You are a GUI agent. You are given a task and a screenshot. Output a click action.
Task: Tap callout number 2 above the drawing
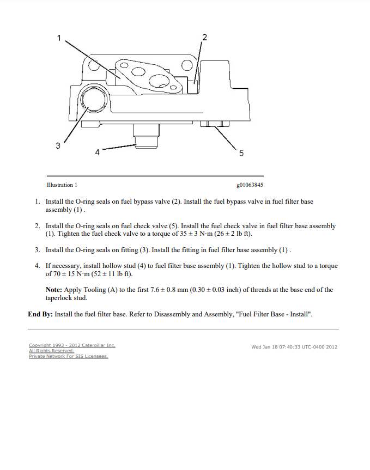point(204,37)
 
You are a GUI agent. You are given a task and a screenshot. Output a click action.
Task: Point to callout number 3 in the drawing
point(58,145)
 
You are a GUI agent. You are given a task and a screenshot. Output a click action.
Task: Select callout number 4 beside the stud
point(98,152)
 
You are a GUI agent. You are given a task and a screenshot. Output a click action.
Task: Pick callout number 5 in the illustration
point(241,154)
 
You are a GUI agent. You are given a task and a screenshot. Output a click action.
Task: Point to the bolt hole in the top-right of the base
point(187,66)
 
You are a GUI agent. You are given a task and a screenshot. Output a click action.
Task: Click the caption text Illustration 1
point(62,185)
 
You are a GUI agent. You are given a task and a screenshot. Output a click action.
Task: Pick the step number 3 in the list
point(38,250)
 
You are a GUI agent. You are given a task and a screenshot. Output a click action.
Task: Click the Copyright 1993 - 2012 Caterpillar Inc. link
point(72,345)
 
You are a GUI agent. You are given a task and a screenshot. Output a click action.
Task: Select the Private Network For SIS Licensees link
point(69,356)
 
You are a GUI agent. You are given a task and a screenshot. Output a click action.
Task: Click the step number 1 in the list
point(38,202)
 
